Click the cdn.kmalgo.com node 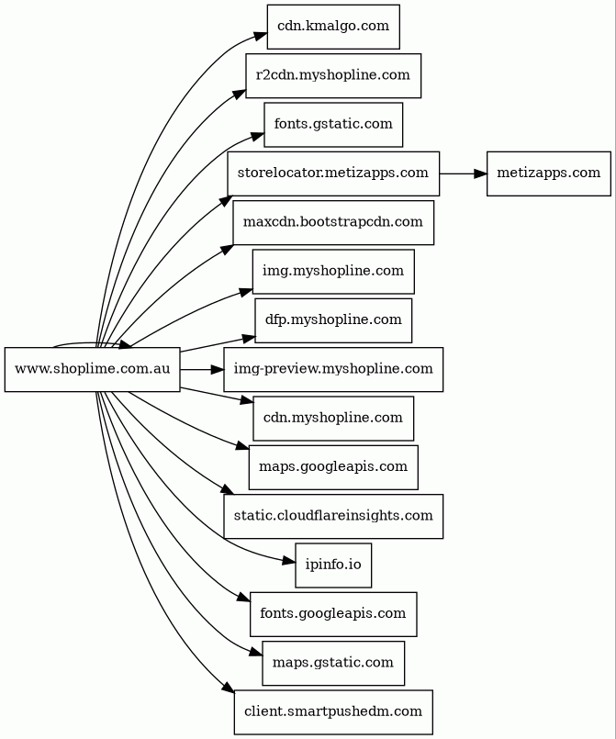[x=332, y=26]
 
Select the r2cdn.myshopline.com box [x=332, y=75]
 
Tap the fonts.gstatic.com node [x=332, y=124]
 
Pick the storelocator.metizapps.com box [x=332, y=173]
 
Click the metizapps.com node [x=548, y=173]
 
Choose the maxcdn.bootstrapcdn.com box [x=332, y=222]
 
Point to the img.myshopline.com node [x=332, y=271]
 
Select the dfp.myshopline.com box [x=332, y=319]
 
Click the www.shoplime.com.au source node [x=92, y=369]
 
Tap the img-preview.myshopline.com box [x=332, y=369]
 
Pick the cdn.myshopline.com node [x=332, y=418]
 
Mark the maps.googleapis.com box [x=332, y=466]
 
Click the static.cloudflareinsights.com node [x=332, y=516]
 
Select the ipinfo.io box [x=332, y=565]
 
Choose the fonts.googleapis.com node [x=332, y=613]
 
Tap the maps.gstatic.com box [x=332, y=663]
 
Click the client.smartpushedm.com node [x=332, y=711]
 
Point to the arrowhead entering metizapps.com [x=479, y=173]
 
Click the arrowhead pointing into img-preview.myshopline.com [x=216, y=369]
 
